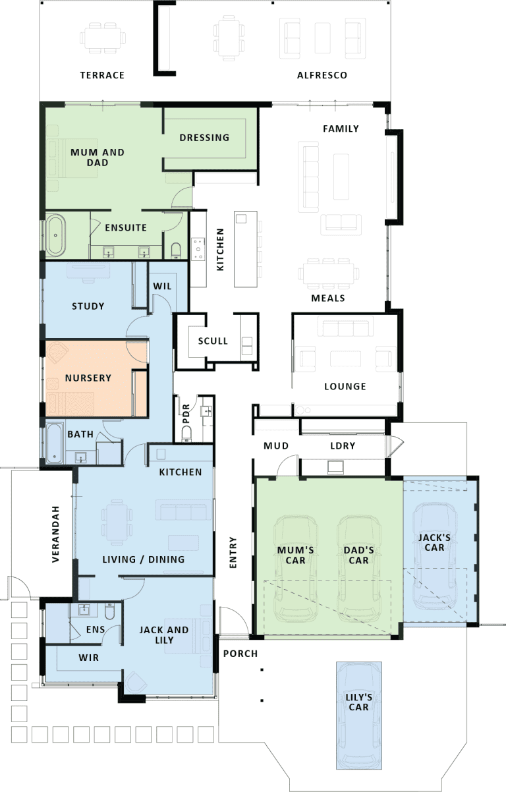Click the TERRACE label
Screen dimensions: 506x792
pyautogui.click(x=102, y=75)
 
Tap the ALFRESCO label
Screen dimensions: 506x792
pyautogui.click(x=322, y=75)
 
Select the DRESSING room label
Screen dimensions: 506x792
pyautogui.click(x=204, y=138)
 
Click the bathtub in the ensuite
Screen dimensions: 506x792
pyautogui.click(x=56, y=235)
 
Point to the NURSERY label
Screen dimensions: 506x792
pyautogui.click(x=88, y=378)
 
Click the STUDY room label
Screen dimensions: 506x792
pyautogui.click(x=88, y=306)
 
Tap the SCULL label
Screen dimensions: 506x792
pyautogui.click(x=213, y=341)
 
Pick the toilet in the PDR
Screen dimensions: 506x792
pyautogui.click(x=186, y=434)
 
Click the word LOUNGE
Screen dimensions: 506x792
pyautogui.click(x=345, y=387)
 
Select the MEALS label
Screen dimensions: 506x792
pyautogui.click(x=328, y=298)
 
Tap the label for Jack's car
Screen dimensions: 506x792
pyautogui.click(x=434, y=543)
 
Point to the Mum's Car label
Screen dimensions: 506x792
pyautogui.click(x=295, y=555)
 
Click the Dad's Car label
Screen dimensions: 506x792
pyautogui.click(x=358, y=555)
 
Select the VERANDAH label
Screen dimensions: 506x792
pyautogui.click(x=55, y=534)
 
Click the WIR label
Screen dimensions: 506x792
pyautogui.click(x=88, y=658)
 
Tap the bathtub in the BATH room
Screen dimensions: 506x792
pyautogui.click(x=55, y=443)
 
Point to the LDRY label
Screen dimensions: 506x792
pyautogui.click(x=343, y=446)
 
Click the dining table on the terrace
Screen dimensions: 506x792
pyautogui.click(x=103, y=38)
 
